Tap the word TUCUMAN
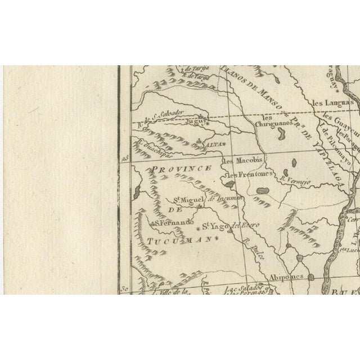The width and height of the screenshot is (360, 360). (x=174, y=240)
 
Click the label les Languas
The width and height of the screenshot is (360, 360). (x=333, y=103)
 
